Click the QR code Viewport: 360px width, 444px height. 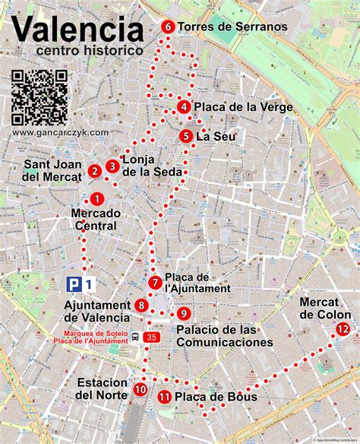pyautogui.click(x=40, y=97)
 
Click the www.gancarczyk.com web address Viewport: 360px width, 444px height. pyautogui.click(x=60, y=132)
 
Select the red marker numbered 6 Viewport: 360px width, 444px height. pyautogui.click(x=168, y=27)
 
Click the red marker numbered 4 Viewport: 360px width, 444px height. pyautogui.click(x=184, y=107)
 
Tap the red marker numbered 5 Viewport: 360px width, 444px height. pyautogui.click(x=186, y=136)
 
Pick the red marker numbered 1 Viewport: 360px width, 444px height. pyautogui.click(x=96, y=198)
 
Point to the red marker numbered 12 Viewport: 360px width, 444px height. pyautogui.click(x=343, y=329)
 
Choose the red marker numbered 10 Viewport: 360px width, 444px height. pyautogui.click(x=140, y=390)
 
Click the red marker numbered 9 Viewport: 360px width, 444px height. pyautogui.click(x=183, y=313)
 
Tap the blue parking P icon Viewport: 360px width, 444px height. pyautogui.click(x=74, y=284)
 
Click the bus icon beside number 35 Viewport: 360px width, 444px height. pyautogui.click(x=134, y=338)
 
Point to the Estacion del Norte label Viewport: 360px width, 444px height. pyautogui.click(x=102, y=388)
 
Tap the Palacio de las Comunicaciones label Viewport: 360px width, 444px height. pyautogui.click(x=224, y=336)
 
